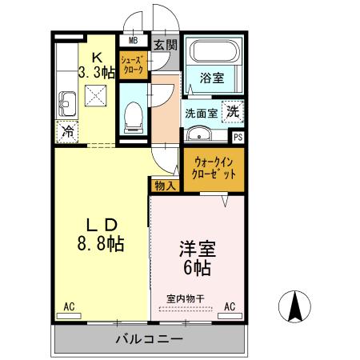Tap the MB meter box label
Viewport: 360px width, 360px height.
(132, 40)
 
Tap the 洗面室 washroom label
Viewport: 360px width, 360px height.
(201, 113)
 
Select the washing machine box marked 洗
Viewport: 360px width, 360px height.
(231, 112)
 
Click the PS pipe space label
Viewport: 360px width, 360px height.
(238, 136)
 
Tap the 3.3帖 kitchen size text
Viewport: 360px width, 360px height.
(97, 72)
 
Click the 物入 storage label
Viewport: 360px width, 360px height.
(164, 185)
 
